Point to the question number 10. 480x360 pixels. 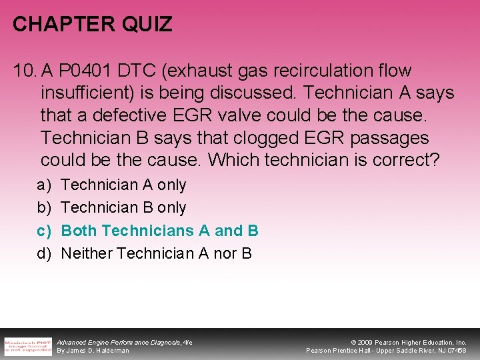click(24, 70)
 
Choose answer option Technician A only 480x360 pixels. click(123, 185)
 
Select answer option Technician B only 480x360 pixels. click(123, 207)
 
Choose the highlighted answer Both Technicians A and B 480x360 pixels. click(159, 231)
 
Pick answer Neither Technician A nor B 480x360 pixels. click(156, 253)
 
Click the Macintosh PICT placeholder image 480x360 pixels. click(27, 345)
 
